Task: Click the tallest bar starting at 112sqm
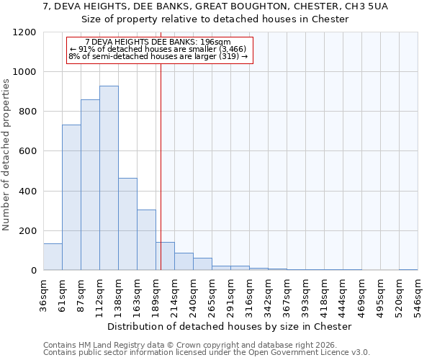[x=109, y=178]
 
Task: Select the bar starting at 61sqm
[x=71, y=197]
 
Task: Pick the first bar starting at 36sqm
[x=53, y=257]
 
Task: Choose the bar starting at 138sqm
[x=127, y=224]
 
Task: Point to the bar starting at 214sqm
[x=184, y=261]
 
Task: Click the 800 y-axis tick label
[x=27, y=112]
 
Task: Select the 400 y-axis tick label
[x=27, y=192]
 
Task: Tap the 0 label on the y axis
[x=33, y=271]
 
